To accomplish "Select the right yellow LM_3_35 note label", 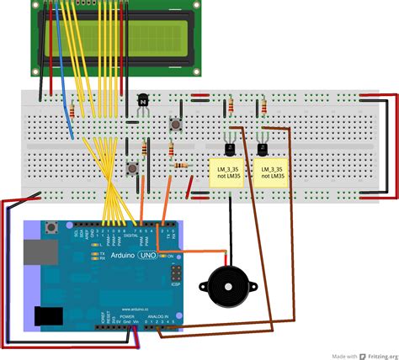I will (x=272, y=173).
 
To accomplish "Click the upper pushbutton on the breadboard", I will (x=178, y=125).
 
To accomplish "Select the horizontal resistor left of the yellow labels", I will (x=180, y=166).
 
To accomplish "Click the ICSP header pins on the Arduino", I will (x=176, y=273).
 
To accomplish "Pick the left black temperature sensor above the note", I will (x=227, y=148).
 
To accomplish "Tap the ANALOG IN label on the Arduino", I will (x=155, y=316).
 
